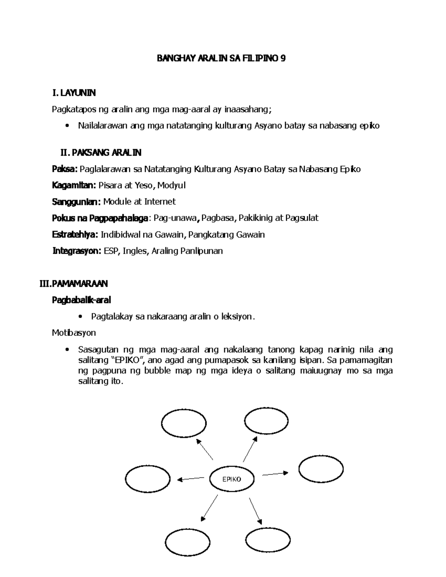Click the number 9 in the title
(283, 59)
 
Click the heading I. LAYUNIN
(74, 93)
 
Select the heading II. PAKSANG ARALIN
(101, 153)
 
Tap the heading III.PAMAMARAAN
(74, 284)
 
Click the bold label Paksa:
(64, 169)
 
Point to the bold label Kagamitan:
(74, 185)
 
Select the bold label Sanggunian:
(76, 202)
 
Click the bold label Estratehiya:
(75, 234)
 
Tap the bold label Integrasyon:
(77, 251)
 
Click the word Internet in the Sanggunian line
(160, 202)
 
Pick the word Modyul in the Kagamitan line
(172, 185)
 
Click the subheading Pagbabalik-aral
(81, 300)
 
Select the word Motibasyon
(74, 333)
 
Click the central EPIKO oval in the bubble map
(232, 479)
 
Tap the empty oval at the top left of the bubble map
(184, 424)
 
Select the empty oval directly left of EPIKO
(148, 479)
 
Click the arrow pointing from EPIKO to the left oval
(191, 479)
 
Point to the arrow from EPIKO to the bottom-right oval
(255, 511)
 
